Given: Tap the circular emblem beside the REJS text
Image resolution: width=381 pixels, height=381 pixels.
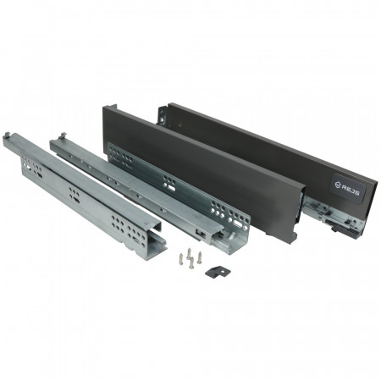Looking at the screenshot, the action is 337,185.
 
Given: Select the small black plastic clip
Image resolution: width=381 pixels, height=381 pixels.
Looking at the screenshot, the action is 218,272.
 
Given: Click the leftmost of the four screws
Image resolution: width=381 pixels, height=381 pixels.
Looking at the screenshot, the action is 181,257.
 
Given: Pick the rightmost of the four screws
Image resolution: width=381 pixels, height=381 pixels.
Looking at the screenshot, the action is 200,257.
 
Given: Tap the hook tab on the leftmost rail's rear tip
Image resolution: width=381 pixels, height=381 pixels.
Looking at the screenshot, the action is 8,135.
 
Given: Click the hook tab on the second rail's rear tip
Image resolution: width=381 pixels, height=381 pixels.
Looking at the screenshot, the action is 63,135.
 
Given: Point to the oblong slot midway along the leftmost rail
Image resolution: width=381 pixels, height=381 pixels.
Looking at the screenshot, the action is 76,200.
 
